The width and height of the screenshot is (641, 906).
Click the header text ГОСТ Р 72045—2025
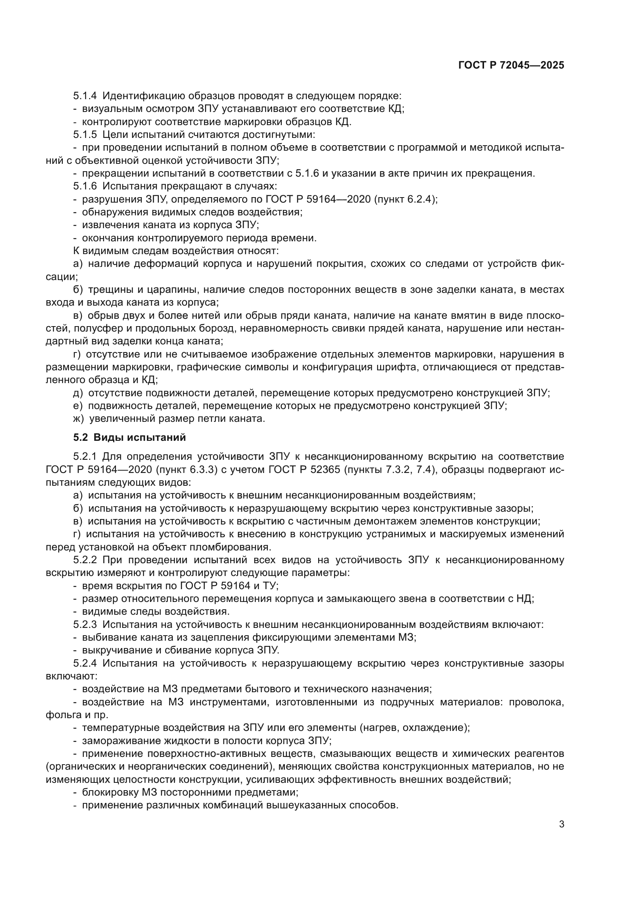click(511, 65)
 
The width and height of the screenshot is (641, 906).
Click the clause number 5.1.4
click(85, 96)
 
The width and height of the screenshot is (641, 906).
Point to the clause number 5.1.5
click(85, 135)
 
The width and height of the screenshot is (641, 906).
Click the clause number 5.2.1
click(85, 457)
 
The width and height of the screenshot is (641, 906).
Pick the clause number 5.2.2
click(85, 560)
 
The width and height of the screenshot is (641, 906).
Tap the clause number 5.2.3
click(85, 625)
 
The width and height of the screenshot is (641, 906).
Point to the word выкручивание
click(113, 651)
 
